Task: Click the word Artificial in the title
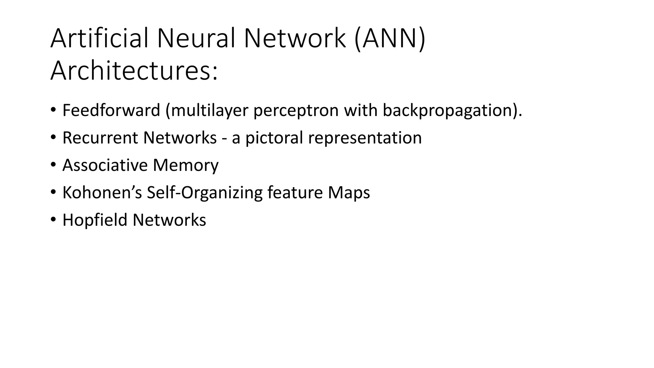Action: coord(99,38)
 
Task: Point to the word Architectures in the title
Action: coord(134,70)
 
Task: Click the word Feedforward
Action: coord(111,110)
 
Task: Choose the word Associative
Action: coord(105,165)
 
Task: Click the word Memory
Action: coord(186,165)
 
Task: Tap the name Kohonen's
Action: coord(102,193)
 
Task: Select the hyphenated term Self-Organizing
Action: coord(204,193)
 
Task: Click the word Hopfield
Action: coord(95,220)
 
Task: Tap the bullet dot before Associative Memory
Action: coord(53,165)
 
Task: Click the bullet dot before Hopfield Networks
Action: coord(53,220)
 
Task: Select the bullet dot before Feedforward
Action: coord(53,110)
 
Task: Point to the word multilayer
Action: coord(209,110)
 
